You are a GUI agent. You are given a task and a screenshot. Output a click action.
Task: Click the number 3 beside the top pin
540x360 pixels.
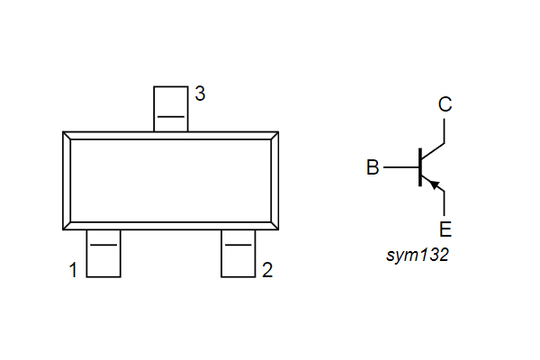tap(200, 94)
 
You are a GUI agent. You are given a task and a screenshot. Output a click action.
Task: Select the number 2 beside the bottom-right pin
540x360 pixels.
tap(266, 270)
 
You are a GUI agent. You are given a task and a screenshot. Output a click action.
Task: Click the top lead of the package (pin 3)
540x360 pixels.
tap(170, 108)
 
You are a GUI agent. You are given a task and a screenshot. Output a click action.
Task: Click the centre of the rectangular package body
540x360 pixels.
tap(171, 181)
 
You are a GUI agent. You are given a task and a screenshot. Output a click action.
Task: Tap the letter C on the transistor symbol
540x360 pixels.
tap(445, 104)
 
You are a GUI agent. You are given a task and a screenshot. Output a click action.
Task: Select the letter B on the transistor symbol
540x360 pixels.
tap(373, 167)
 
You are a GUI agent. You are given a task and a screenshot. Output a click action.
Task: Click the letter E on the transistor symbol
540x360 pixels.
tap(445, 228)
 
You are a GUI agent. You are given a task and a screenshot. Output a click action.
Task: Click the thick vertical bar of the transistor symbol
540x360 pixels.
tap(420, 167)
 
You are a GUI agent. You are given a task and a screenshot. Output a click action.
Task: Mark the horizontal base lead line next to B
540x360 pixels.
tap(400, 167)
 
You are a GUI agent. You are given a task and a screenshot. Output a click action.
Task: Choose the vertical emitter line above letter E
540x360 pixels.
tap(445, 202)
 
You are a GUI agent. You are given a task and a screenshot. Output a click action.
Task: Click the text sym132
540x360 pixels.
tap(417, 256)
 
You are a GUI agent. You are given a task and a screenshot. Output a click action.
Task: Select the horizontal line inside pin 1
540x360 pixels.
tap(103, 245)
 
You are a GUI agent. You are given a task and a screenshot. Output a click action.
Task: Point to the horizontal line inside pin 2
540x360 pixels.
tap(238, 245)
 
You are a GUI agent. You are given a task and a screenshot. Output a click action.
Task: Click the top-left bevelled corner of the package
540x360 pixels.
tap(67, 136)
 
